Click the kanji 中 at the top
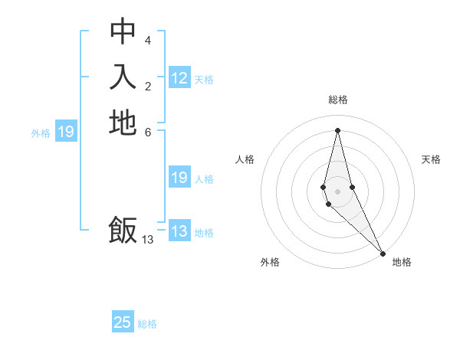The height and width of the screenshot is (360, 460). click(123, 31)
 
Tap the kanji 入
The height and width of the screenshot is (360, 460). click(123, 77)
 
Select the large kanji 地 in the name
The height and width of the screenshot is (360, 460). click(123, 123)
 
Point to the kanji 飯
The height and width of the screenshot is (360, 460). click(123, 230)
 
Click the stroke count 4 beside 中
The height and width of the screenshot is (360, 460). click(148, 40)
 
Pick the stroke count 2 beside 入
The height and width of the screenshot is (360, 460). click(148, 86)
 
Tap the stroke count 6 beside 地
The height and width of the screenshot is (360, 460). click(148, 131)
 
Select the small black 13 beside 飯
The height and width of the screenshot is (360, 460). click(148, 239)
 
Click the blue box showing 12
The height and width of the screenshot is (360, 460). click(179, 78)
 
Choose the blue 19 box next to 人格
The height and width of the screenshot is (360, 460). click(179, 178)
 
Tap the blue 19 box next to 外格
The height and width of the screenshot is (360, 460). click(66, 133)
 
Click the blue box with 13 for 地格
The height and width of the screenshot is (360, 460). click(179, 231)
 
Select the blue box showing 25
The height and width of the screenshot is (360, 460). click(123, 322)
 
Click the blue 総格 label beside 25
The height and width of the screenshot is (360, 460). click(147, 324)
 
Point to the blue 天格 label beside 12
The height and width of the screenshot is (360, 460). click(204, 79)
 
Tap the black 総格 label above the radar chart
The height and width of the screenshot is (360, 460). click(338, 100)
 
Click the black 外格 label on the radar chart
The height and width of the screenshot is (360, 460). click(270, 262)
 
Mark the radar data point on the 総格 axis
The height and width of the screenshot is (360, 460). click(338, 129)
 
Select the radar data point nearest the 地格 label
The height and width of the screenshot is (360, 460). click(383, 252)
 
